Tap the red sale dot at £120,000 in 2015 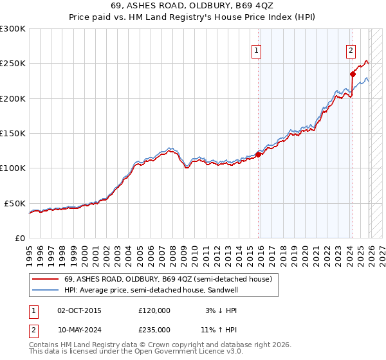click(259, 154)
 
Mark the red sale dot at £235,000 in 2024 click(353, 74)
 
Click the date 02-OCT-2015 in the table click(79, 310)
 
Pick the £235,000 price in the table click(154, 330)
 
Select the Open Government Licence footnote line click(136, 352)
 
